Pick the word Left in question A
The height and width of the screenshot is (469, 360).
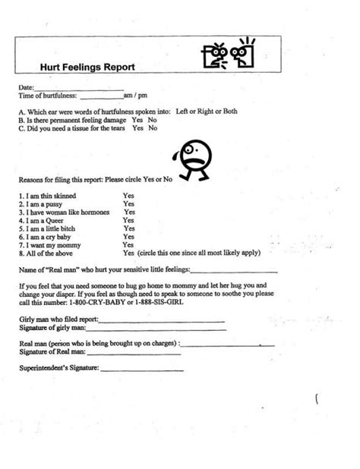click(x=182, y=111)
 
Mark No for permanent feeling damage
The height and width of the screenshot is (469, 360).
click(x=153, y=120)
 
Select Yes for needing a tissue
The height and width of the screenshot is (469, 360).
click(x=137, y=128)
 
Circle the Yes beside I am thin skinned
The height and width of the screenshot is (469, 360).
click(x=129, y=195)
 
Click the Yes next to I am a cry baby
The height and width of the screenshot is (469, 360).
click(x=129, y=237)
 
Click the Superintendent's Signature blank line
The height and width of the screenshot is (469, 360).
click(x=142, y=370)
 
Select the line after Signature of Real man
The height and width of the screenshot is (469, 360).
click(x=133, y=353)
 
